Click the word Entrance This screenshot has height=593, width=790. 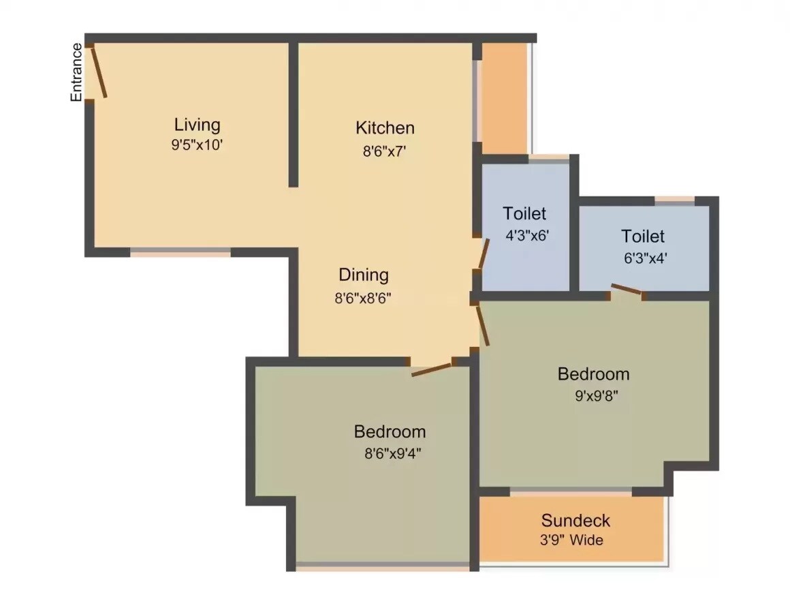coord(77,72)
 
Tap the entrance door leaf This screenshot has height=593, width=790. coord(99,72)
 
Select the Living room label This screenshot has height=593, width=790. coord(197,125)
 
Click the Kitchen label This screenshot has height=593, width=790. coord(385,127)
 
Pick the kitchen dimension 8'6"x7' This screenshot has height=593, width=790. coord(385,151)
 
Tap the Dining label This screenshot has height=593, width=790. coord(364,275)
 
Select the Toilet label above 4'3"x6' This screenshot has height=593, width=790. coord(524,213)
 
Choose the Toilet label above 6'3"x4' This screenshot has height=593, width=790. coord(643,237)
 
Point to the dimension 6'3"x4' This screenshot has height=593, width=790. coord(643,259)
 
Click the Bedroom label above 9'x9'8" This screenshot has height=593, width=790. coord(593,374)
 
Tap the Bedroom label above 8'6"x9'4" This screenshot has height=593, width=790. coord(390,431)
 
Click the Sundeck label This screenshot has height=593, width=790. coord(575,521)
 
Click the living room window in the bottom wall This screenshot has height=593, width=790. coord(180,252)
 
